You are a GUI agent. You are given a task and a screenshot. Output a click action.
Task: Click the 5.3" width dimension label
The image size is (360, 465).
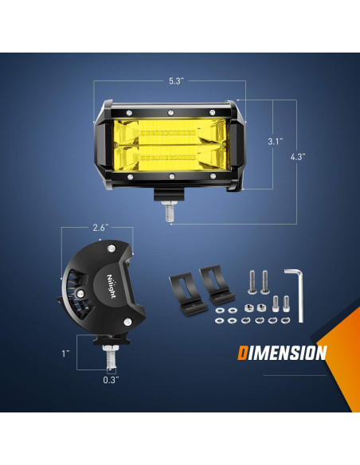176,80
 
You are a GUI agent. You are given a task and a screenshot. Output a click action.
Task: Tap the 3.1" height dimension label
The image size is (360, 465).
274,141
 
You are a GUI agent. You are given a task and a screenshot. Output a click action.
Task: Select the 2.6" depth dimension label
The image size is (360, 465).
100,228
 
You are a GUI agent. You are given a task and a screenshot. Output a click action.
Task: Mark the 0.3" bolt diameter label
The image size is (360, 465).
111,380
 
